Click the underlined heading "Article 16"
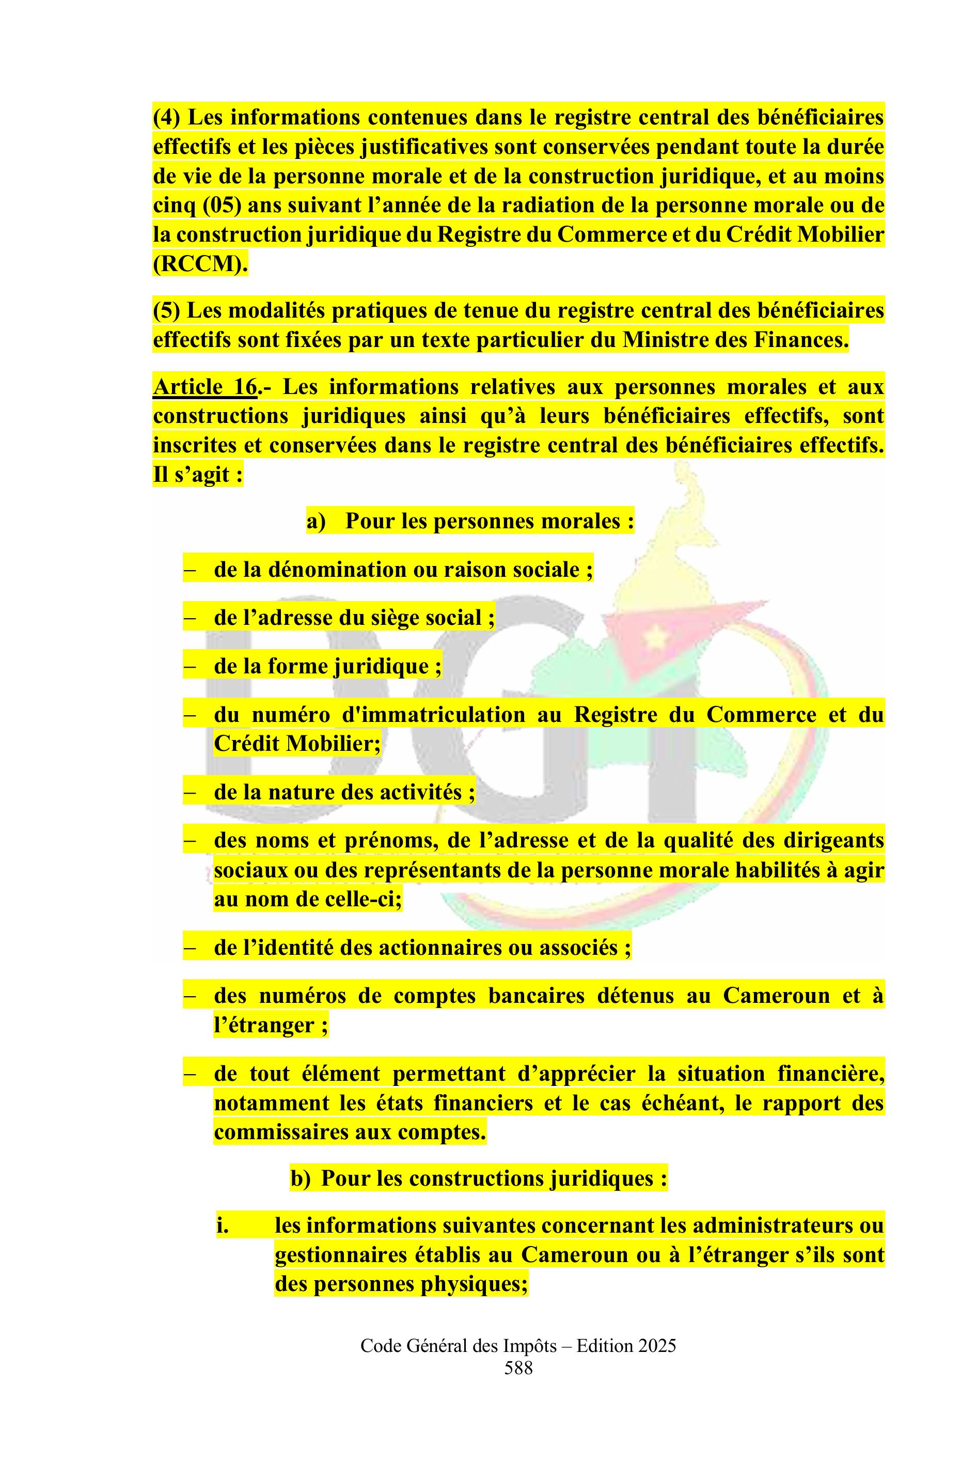(204, 387)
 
